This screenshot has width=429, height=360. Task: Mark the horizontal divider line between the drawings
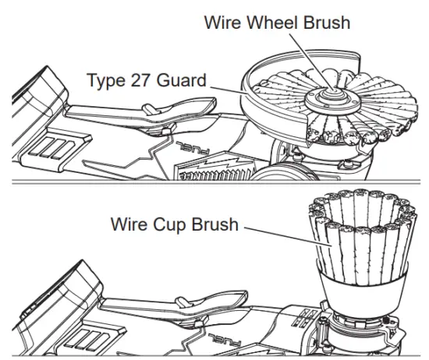point(214,183)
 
